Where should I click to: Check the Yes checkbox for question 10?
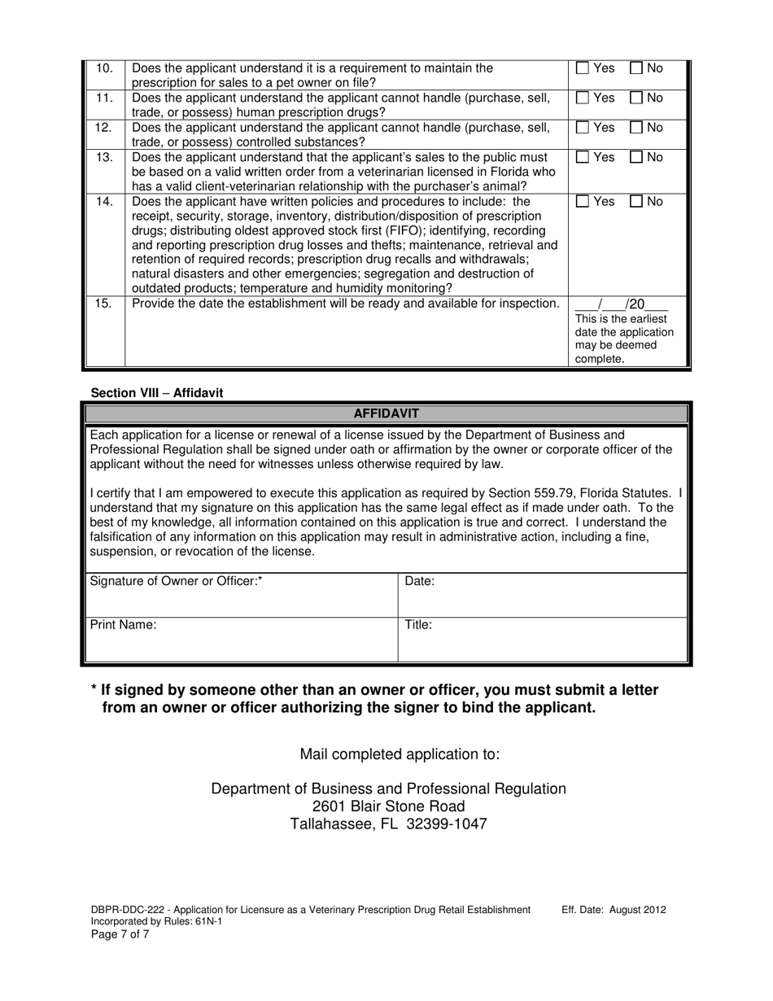tap(583, 68)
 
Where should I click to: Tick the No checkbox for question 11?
tap(637, 98)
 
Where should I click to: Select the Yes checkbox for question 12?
tap(583, 128)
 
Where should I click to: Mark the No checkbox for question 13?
tap(637, 157)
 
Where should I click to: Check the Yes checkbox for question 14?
tap(583, 201)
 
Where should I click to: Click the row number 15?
tap(104, 304)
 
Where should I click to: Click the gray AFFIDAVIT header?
tap(386, 413)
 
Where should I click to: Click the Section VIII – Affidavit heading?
tap(157, 392)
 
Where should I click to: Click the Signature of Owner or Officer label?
tap(176, 581)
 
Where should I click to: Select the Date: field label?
tap(420, 581)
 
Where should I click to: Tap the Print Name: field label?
tap(123, 625)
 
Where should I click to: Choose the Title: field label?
tap(418, 625)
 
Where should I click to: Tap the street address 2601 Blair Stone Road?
tap(388, 806)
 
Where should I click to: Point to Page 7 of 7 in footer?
tap(120, 933)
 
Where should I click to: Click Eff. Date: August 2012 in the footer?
tap(614, 909)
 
